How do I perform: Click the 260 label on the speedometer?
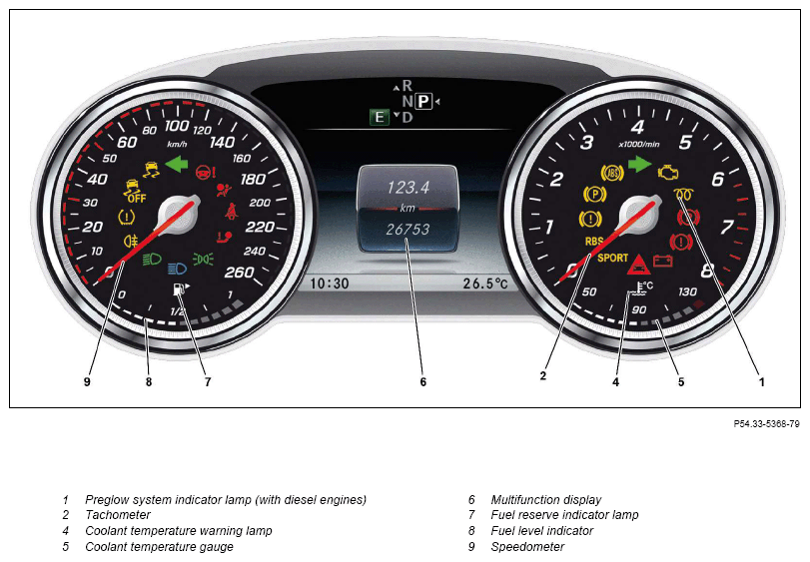239,272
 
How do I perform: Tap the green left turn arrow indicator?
176,165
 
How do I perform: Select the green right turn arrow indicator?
639,164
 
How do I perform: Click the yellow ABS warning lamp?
612,173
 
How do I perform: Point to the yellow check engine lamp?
667,173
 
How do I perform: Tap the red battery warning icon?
663,261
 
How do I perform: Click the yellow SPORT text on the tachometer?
612,258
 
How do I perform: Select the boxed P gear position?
423,101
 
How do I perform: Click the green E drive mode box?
380,117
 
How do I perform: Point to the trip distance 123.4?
408,187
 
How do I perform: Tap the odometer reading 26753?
407,230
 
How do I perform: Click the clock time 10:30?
329,283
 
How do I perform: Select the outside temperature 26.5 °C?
485,283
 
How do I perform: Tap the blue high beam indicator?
177,269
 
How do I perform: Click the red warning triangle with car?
638,265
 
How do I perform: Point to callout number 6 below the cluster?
423,382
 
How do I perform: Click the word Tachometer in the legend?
118,514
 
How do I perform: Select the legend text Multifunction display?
546,499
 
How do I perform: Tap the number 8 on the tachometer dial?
707,270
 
